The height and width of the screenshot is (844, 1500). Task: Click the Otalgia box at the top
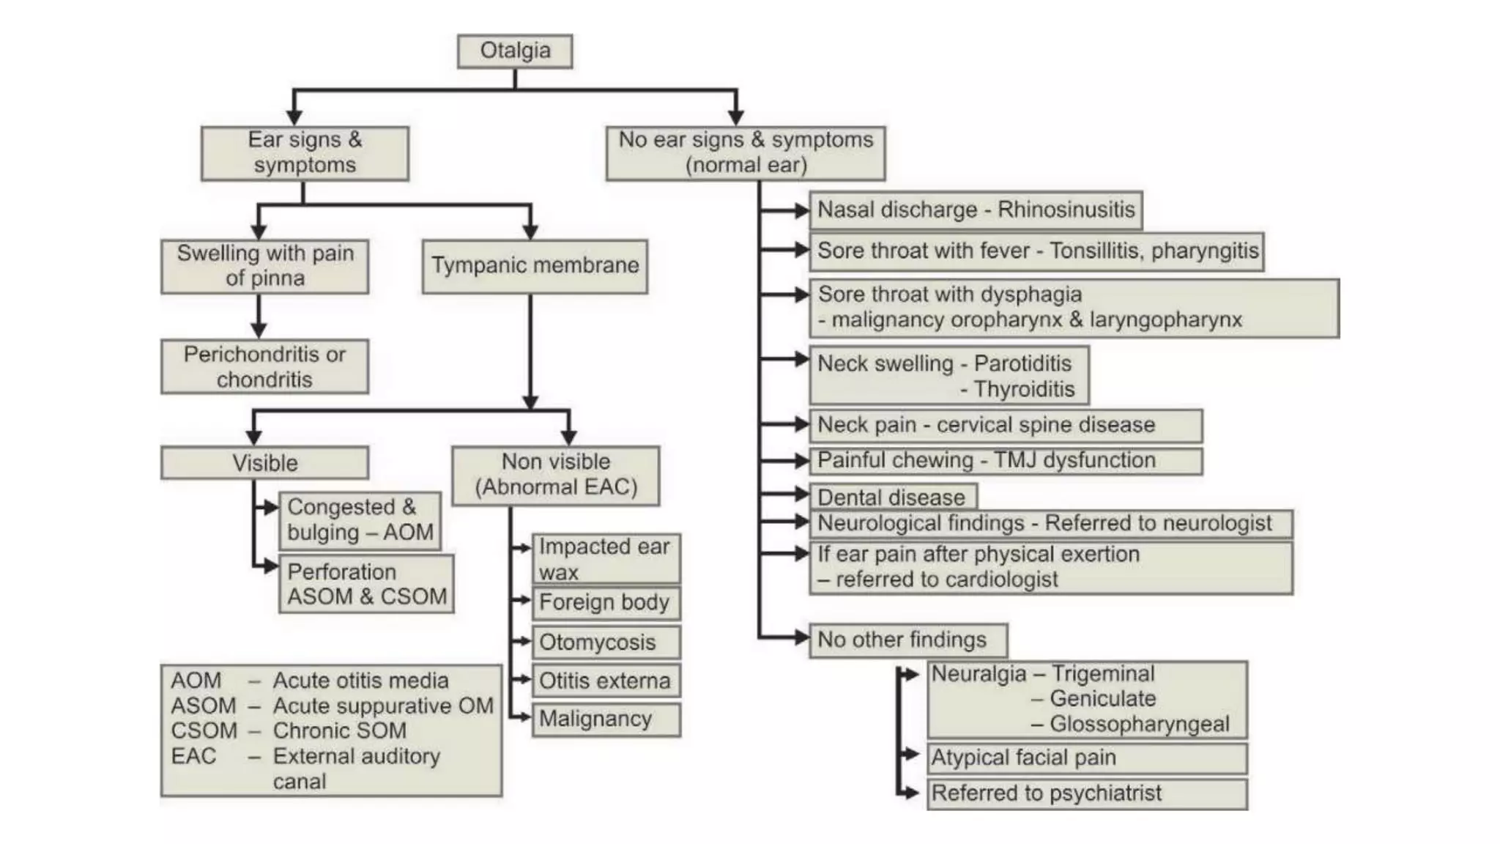tap(515, 51)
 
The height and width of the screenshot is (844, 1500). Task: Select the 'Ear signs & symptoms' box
tap(305, 153)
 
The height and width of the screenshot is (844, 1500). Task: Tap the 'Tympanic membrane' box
tap(535, 266)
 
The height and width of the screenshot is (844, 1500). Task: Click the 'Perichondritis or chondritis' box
tap(264, 366)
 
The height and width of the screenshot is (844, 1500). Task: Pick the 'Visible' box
tap(264, 463)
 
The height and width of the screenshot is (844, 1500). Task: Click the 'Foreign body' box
tap(605, 603)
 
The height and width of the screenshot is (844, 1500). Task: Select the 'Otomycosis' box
tap(605, 643)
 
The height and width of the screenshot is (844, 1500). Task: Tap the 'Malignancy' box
tap(605, 719)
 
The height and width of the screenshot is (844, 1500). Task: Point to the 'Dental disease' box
tap(892, 497)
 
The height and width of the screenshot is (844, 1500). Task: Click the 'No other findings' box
tap(907, 640)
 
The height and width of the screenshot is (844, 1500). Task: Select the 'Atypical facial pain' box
tap(1086, 758)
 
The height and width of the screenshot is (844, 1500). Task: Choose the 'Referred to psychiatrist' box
tap(1086, 793)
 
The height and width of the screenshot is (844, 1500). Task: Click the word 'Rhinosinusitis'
tap(1066, 210)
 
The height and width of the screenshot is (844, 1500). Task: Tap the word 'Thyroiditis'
tap(1024, 389)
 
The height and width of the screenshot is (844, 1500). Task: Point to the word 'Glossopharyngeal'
tap(1140, 724)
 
